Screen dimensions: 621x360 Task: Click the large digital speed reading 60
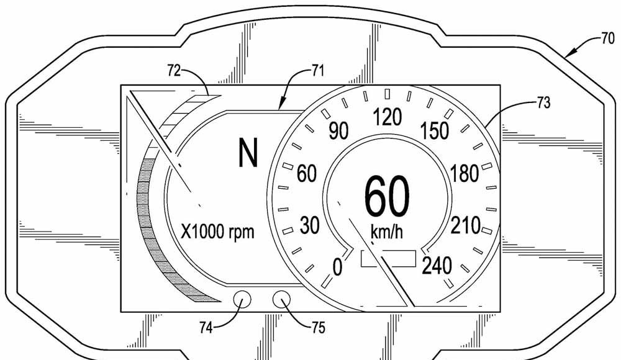coord(386,197)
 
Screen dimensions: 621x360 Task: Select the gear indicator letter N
coord(248,153)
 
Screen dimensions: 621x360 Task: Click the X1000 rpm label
coord(217,232)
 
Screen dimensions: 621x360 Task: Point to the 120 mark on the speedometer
coord(388,117)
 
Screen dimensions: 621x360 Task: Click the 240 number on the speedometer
coord(437,266)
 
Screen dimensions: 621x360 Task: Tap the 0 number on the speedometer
coord(337,267)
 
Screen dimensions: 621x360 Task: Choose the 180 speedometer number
coord(465,173)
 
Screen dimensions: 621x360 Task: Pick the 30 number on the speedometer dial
coord(309,225)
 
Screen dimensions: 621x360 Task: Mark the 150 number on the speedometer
coord(435,131)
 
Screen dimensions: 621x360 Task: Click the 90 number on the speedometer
coord(338,131)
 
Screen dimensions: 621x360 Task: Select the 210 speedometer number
coord(465,226)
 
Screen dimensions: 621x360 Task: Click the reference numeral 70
coord(608,39)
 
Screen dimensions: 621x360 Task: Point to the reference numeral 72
coord(174,71)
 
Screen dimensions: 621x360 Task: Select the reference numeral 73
coord(544,103)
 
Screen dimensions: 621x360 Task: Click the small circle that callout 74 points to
coord(242,300)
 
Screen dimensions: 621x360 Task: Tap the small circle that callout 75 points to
coord(281,300)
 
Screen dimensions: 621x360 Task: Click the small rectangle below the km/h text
coord(388,258)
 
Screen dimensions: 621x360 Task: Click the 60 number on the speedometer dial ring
coord(307,174)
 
